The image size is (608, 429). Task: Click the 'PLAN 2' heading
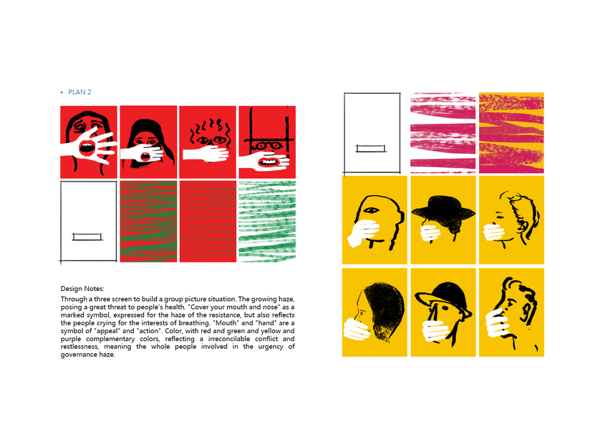(x=79, y=92)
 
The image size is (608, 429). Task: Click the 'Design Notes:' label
(x=82, y=288)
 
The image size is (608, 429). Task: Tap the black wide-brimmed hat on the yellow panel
(x=443, y=209)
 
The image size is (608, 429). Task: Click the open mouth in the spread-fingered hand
(x=87, y=147)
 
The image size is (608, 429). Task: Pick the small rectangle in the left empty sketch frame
(x=87, y=237)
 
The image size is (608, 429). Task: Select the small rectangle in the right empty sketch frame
(x=371, y=148)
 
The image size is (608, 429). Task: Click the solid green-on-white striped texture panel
(x=267, y=222)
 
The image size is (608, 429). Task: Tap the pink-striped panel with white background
(x=443, y=132)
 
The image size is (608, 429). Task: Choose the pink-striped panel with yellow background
(x=511, y=132)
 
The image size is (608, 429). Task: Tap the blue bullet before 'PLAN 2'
(x=62, y=92)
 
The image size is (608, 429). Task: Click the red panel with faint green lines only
(x=208, y=222)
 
